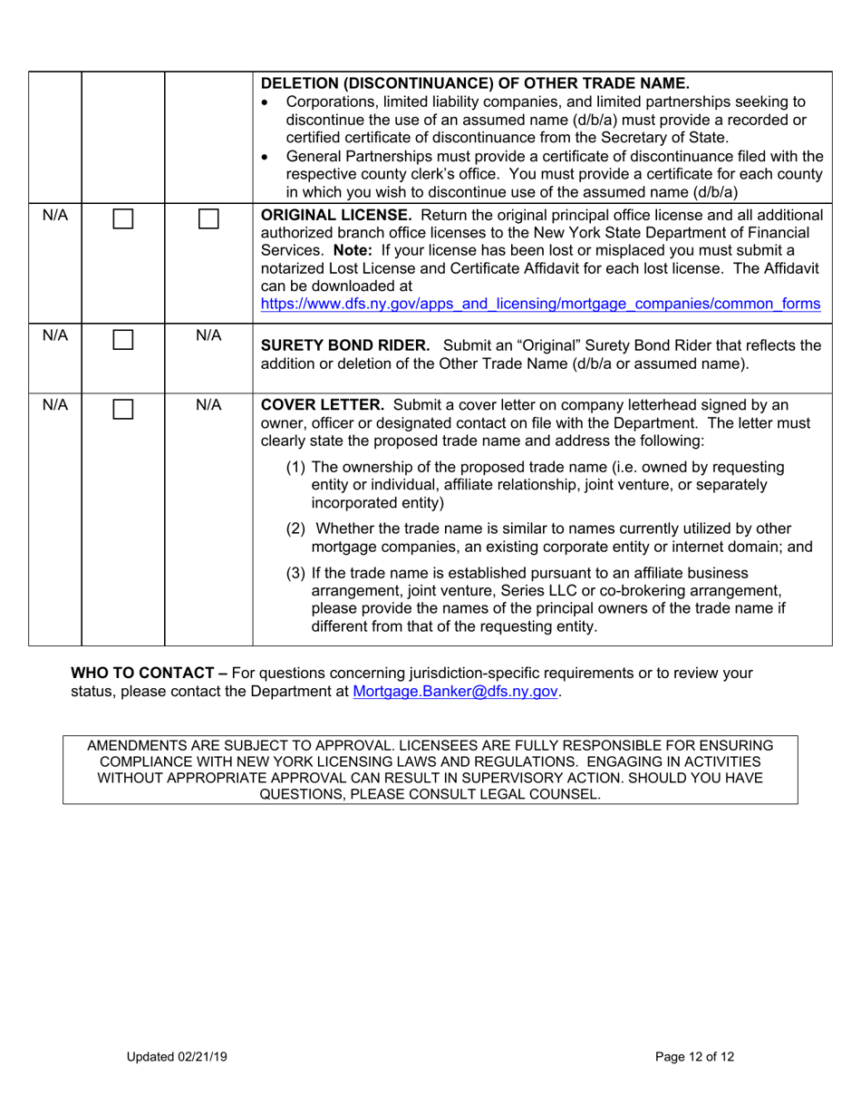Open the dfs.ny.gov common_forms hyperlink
(540, 305)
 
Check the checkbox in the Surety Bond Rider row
(123, 341)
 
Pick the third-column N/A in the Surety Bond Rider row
(208, 336)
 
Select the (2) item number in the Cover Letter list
(296, 528)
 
